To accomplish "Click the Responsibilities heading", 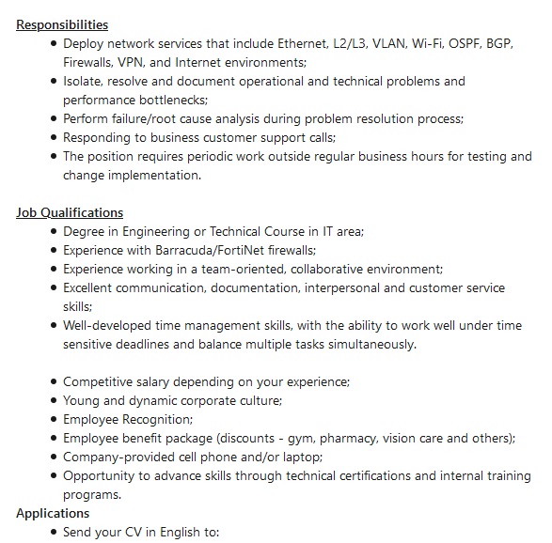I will click(x=62, y=24).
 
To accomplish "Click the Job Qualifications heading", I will click(x=70, y=212).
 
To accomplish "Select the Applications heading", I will click(x=53, y=513).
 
